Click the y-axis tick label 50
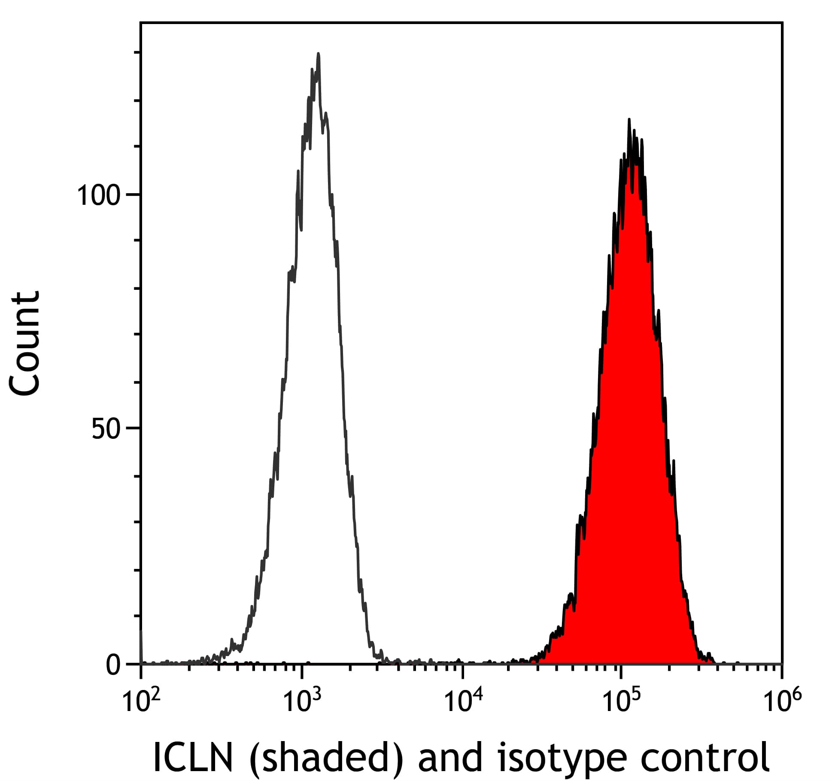coord(106,429)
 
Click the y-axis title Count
coord(25,343)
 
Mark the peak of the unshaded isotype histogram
coord(318,54)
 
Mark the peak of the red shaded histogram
coord(629,120)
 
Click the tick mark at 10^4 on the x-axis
coord(462,670)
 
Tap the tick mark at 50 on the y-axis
coord(133,428)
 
